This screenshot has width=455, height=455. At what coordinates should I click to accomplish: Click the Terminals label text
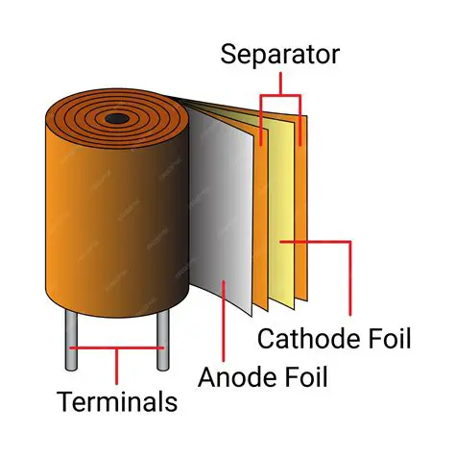(x=116, y=401)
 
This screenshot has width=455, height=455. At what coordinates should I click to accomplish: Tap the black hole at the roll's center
(x=117, y=119)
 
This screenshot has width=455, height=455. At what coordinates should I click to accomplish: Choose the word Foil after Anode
(x=303, y=375)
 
